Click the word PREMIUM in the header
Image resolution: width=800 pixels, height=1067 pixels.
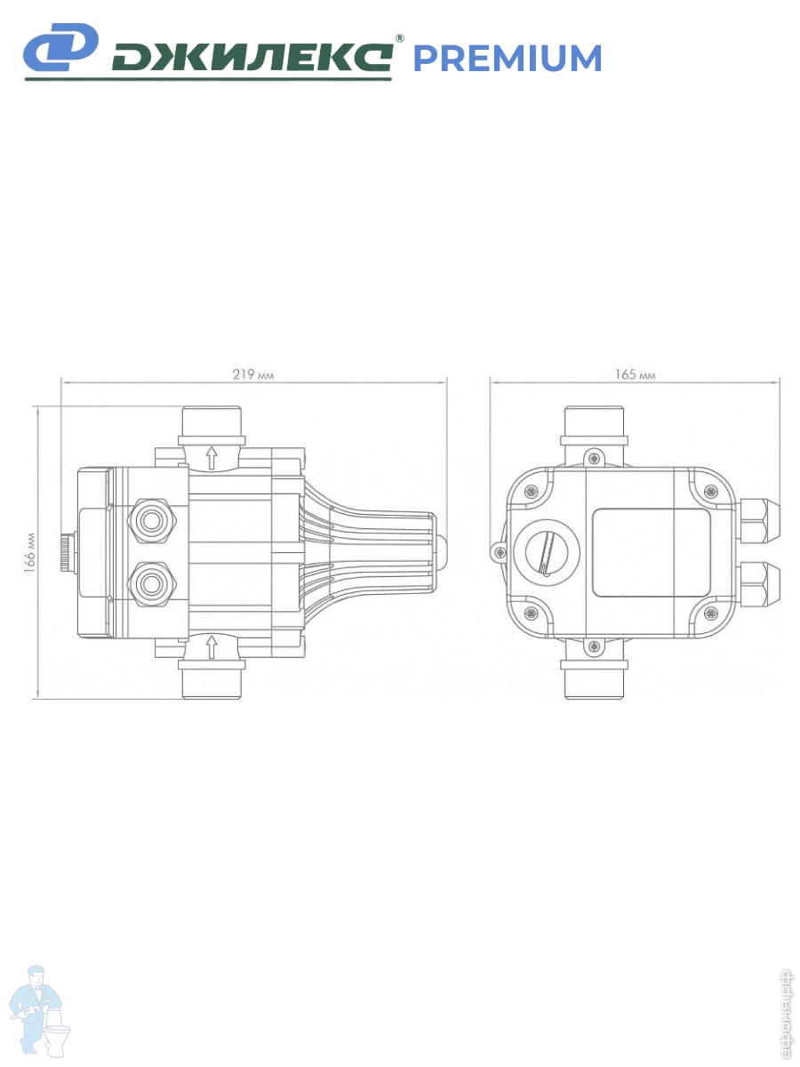pos(507,58)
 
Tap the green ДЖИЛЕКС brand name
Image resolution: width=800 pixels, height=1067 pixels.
pos(252,58)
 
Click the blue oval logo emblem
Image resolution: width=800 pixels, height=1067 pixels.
pos(60,47)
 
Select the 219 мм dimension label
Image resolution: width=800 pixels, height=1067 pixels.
pos(253,374)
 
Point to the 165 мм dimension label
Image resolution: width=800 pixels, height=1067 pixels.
pos(635,374)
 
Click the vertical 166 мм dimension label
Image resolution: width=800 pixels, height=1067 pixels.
pos(30,553)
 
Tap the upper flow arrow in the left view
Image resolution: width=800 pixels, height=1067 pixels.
pos(211,458)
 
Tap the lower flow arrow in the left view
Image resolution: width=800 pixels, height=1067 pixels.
pos(211,647)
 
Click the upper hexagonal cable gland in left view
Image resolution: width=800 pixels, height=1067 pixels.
pos(151,521)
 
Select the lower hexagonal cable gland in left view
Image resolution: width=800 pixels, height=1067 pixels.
pos(151,584)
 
